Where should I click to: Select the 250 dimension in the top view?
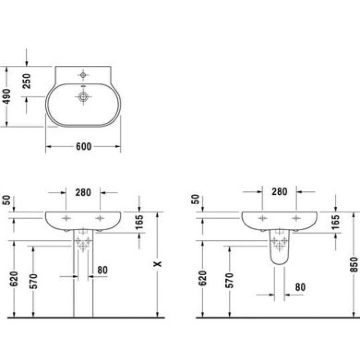pyautogui.click(x=27, y=81)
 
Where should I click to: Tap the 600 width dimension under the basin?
pyautogui.click(x=83, y=147)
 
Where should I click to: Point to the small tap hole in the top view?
pyautogui.click(x=82, y=75)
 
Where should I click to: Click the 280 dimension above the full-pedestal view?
pyautogui.click(x=83, y=192)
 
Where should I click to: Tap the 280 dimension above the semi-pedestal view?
pyautogui.click(x=279, y=192)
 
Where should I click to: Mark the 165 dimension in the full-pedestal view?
pyautogui.click(x=140, y=222)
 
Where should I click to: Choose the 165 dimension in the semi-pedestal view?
pyautogui.click(x=335, y=222)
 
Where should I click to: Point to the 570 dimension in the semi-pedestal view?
pyautogui.click(x=229, y=279)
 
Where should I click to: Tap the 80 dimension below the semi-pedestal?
pyautogui.click(x=300, y=287)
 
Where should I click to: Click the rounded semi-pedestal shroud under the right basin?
pyautogui.click(x=278, y=249)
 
